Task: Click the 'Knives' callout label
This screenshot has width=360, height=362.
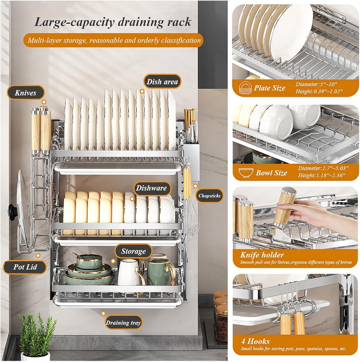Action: pyautogui.click(x=25, y=93)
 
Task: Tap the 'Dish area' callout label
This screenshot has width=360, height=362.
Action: pyautogui.click(x=162, y=82)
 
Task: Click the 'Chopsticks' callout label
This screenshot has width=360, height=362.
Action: pyautogui.click(x=209, y=195)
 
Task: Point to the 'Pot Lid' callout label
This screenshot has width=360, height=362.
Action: pyautogui.click(x=25, y=267)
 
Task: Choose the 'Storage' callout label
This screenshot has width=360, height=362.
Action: pyautogui.click(x=133, y=251)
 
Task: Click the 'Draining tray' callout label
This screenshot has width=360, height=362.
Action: pyautogui.click(x=123, y=322)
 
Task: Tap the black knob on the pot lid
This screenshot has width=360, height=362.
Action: pyautogui.click(x=13, y=212)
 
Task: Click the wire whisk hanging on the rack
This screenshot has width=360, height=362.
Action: pyautogui.click(x=192, y=221)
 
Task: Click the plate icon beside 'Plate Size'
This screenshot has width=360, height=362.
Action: pyautogui.click(x=245, y=88)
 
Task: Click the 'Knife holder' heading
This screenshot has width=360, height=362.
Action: pyautogui.click(x=262, y=255)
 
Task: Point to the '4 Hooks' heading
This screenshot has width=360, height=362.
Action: pyautogui.click(x=255, y=341)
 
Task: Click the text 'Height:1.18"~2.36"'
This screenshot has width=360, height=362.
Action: pyautogui.click(x=321, y=175)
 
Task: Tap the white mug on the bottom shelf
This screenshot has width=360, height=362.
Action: pyautogui.click(x=129, y=272)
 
